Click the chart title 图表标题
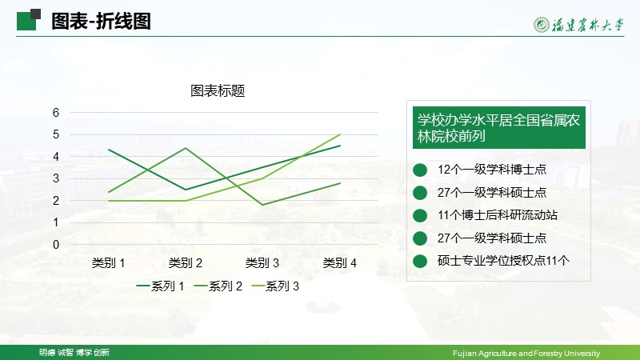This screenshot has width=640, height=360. pyautogui.click(x=218, y=90)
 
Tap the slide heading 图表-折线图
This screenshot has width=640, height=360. pyautogui.click(x=102, y=22)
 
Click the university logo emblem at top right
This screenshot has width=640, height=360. pyautogui.click(x=542, y=25)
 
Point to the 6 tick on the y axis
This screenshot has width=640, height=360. pyautogui.click(x=56, y=113)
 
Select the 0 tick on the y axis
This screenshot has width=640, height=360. pyautogui.click(x=56, y=245)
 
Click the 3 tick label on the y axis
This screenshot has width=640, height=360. pyautogui.click(x=56, y=178)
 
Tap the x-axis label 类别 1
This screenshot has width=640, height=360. pyautogui.click(x=108, y=263)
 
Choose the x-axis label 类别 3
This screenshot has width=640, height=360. pyautogui.click(x=262, y=263)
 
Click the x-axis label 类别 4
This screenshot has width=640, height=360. pyautogui.click(x=339, y=263)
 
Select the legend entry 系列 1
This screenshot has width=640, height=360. pyautogui.click(x=161, y=286)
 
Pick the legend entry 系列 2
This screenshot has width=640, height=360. pyautogui.click(x=218, y=286)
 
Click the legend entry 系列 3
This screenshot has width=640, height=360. pyautogui.click(x=275, y=286)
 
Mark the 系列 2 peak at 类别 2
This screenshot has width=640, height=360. pyautogui.click(x=186, y=148)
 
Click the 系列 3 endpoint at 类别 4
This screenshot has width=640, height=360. pyautogui.click(x=340, y=134)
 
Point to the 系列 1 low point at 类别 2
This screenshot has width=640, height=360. pyautogui.click(x=186, y=190)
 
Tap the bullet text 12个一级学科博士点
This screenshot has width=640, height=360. pyautogui.click(x=492, y=170)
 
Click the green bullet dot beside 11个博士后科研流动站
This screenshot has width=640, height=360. pyautogui.click(x=420, y=215)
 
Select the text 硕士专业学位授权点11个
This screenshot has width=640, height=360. pyautogui.click(x=503, y=261)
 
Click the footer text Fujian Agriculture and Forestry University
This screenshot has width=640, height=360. pyautogui.click(x=526, y=353)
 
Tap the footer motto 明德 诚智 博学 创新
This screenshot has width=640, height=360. pyautogui.click(x=74, y=352)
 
